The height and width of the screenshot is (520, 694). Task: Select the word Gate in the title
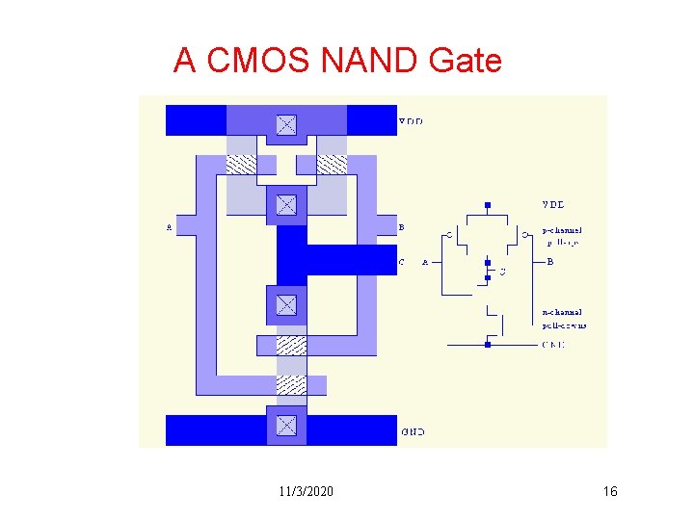tap(465, 61)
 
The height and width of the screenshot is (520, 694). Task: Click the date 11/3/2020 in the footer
tap(306, 492)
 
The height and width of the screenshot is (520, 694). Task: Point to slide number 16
tap(609, 492)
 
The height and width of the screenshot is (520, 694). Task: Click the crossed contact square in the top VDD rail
tap(286, 125)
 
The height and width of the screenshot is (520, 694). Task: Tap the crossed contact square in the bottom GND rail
tap(286, 425)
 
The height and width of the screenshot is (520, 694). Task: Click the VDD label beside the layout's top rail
tap(411, 121)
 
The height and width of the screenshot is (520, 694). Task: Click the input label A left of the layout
tap(169, 228)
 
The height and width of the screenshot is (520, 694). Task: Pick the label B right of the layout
tap(402, 228)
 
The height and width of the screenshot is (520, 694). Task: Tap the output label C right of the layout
tap(402, 261)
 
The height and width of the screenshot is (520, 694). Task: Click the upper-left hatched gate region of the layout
tap(241, 164)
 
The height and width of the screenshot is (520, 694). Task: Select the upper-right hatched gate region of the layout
tap(332, 164)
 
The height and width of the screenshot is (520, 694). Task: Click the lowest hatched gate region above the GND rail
tap(291, 384)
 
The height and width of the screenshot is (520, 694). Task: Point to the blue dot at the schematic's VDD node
tap(488, 205)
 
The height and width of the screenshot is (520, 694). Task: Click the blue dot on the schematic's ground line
tap(488, 344)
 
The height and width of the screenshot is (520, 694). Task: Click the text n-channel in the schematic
tap(562, 312)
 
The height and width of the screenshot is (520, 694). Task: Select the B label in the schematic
tap(550, 261)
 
